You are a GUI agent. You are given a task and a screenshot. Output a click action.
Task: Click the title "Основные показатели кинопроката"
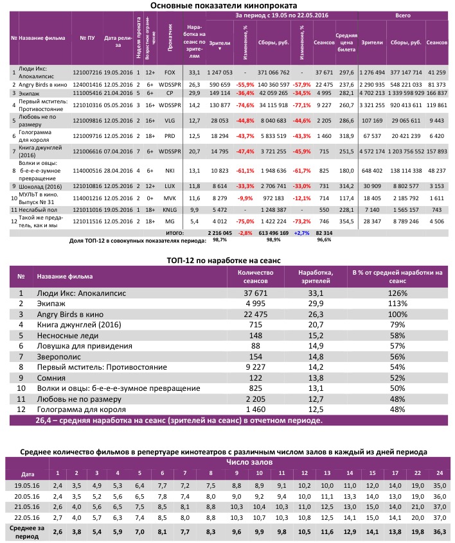227,6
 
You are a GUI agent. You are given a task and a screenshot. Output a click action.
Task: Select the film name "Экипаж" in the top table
31,92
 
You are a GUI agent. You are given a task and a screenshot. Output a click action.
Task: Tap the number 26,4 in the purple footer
37,421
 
